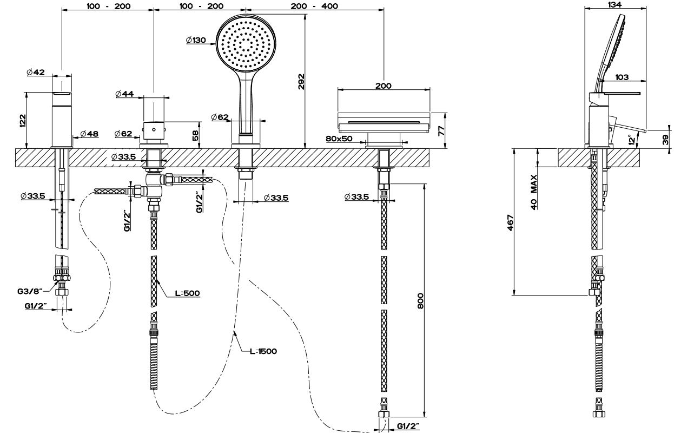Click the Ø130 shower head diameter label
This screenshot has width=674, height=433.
(x=195, y=40)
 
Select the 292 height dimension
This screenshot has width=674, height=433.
(x=301, y=81)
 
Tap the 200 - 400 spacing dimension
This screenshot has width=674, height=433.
(x=314, y=6)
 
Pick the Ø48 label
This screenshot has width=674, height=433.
(x=89, y=134)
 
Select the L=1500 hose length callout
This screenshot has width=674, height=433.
(x=263, y=351)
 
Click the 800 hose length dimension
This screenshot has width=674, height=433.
(x=420, y=300)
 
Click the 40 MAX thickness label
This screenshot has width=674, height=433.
(x=533, y=192)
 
